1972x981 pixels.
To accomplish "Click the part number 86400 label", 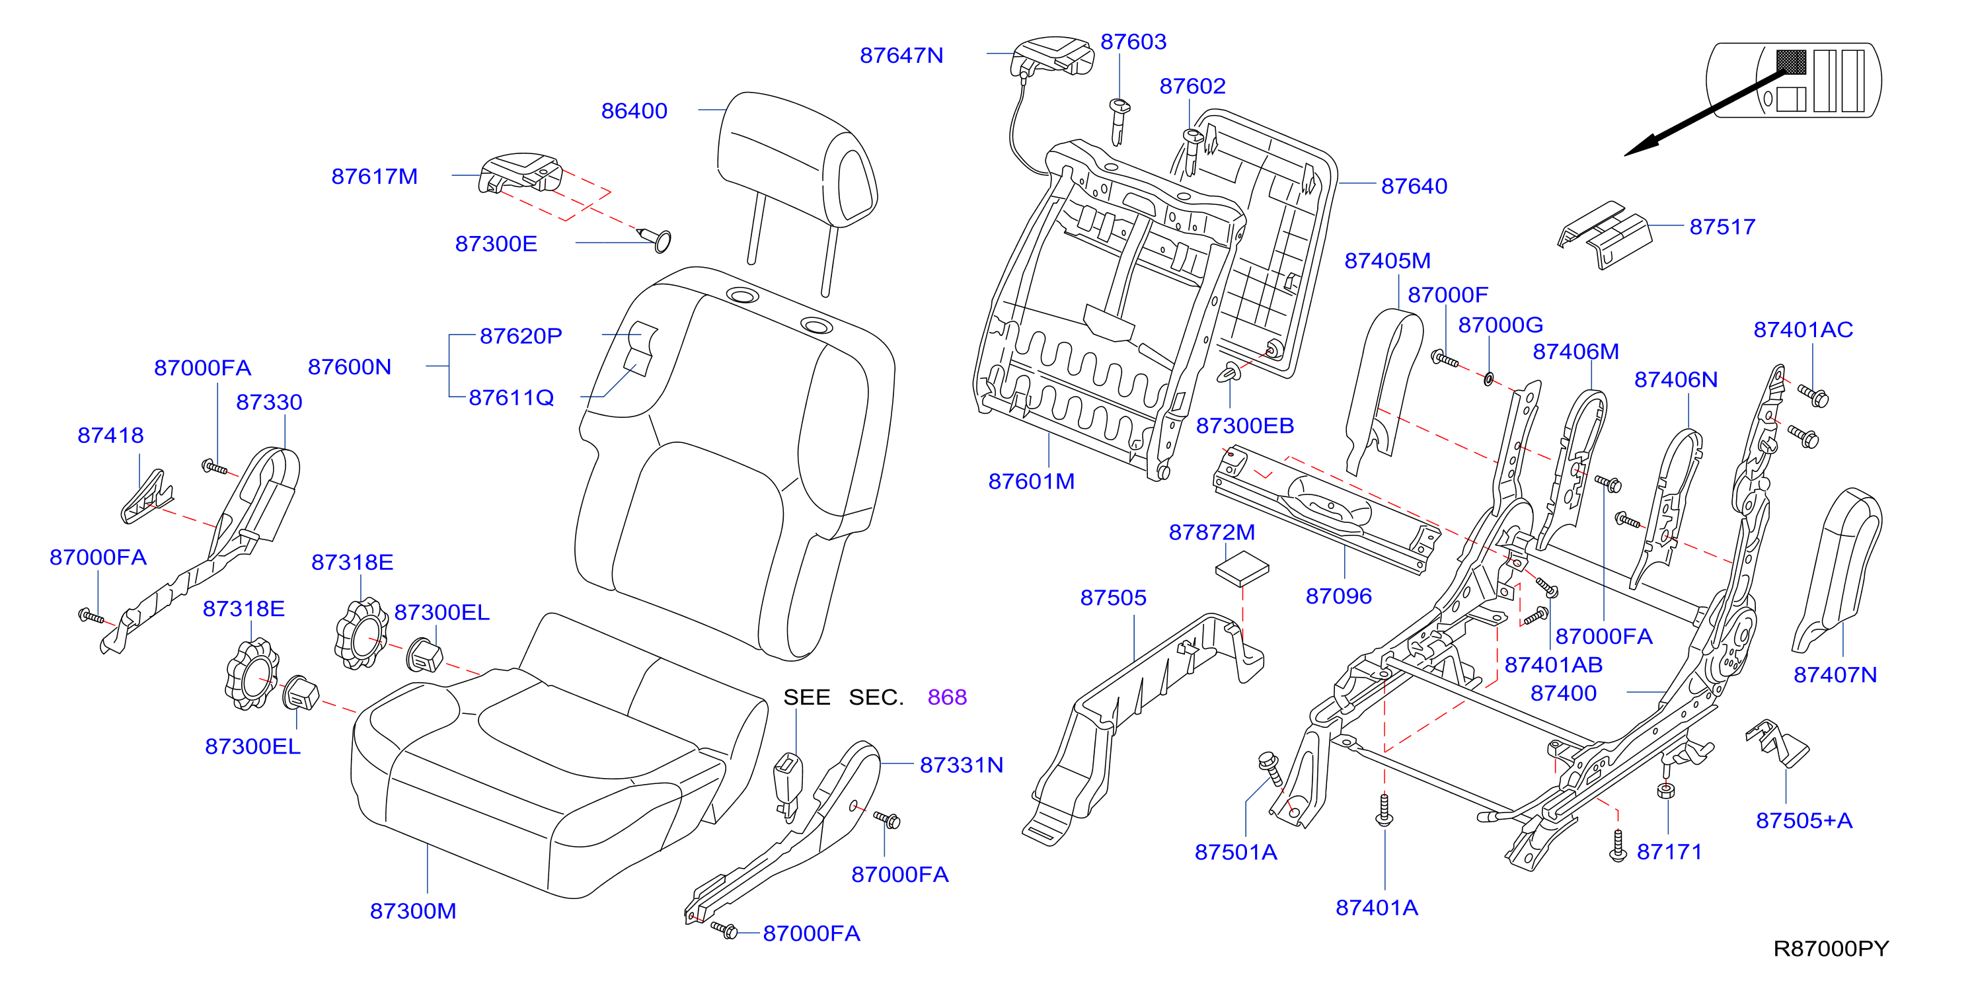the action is (634, 111).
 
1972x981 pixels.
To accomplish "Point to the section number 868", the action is (947, 697).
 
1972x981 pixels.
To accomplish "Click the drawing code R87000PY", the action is (1831, 948).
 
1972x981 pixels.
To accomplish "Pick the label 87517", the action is (1722, 227).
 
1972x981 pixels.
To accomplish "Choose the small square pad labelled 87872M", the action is (1242, 569).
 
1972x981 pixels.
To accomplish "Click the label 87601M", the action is (1031, 481).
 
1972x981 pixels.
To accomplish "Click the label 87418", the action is (110, 435).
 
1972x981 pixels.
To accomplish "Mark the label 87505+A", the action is (1803, 820).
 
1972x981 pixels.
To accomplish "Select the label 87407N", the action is (1835, 675).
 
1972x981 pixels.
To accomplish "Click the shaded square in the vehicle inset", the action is (1790, 62).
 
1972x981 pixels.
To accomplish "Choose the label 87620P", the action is (521, 335).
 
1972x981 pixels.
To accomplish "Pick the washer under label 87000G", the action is (1488, 378).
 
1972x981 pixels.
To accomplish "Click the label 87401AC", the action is (1803, 329).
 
